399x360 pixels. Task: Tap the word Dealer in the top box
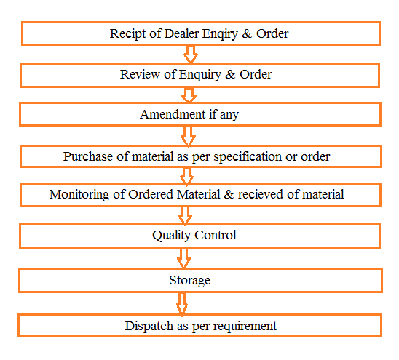[x=181, y=33]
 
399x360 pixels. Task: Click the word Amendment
[x=173, y=114]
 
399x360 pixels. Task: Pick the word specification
[x=248, y=157]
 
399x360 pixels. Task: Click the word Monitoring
[x=79, y=195]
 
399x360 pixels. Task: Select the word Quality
[x=171, y=236]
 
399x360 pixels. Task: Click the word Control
[x=216, y=235]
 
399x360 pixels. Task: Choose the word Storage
[x=190, y=281]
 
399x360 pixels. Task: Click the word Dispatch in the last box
[x=149, y=326]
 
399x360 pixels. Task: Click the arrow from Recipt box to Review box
[x=191, y=55]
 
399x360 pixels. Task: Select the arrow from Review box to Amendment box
[x=189, y=95]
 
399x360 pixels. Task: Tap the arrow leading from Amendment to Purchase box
[x=188, y=136]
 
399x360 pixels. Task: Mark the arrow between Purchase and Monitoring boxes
[x=186, y=176]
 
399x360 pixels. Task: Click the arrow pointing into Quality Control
[x=185, y=216]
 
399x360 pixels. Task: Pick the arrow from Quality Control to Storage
[x=183, y=258]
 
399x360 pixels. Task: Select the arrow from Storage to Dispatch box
[x=182, y=304]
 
